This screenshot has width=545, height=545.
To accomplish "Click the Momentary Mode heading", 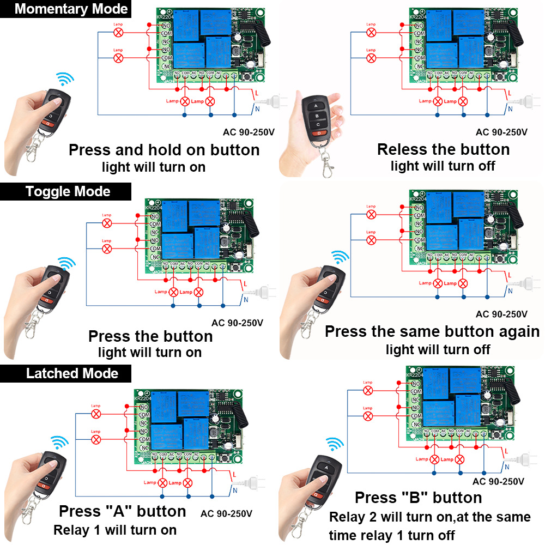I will [71, 9].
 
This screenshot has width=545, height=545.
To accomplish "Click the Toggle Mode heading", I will [68, 191].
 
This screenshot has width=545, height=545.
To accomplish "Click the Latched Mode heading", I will [72, 373].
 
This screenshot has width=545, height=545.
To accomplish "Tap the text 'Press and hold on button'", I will [164, 150].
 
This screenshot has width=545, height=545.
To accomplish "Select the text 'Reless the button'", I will [443, 149].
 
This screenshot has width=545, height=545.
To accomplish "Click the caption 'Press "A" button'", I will [123, 511].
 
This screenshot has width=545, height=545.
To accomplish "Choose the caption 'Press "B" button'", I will [418, 498].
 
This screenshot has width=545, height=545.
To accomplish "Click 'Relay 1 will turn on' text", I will [114, 530].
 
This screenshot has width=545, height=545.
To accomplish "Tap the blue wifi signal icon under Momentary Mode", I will [66, 80].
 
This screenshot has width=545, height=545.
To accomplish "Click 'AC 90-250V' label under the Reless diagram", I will [501, 132].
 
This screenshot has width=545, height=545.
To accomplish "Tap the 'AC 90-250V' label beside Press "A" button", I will [226, 513].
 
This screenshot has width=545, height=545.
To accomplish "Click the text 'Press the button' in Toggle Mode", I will [150, 336].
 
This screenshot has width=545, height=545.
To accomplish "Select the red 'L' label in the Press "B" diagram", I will [507, 451].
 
